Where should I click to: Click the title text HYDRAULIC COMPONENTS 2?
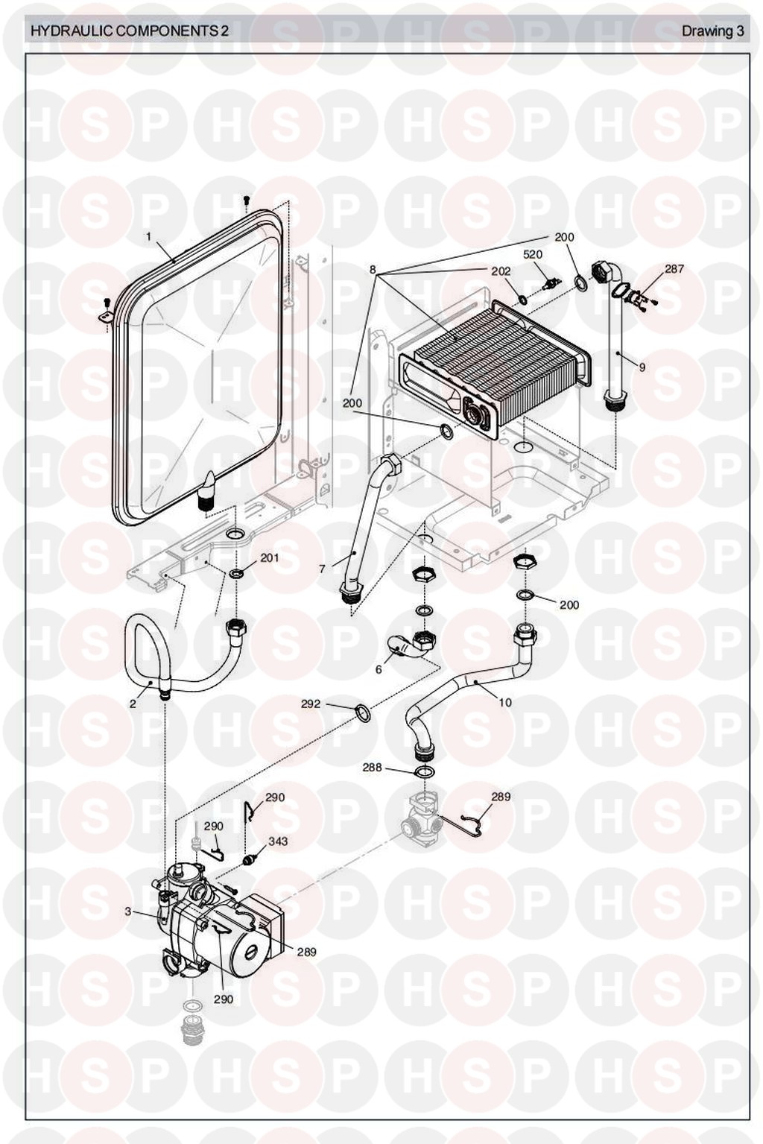(127, 31)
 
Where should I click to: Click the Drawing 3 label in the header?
(712, 31)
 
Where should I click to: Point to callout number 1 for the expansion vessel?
(148, 237)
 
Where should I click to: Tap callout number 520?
(533, 255)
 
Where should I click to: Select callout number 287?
(674, 269)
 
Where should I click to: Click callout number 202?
(501, 271)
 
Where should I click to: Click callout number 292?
(311, 703)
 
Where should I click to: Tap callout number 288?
(372, 767)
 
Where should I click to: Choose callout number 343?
(278, 841)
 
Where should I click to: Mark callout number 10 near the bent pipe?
(506, 703)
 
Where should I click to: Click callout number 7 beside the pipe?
(322, 569)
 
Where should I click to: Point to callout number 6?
(379, 669)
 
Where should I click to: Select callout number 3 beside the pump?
(128, 911)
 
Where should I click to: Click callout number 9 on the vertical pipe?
(642, 367)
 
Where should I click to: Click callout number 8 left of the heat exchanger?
(373, 270)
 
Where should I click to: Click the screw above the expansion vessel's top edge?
(247, 200)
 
